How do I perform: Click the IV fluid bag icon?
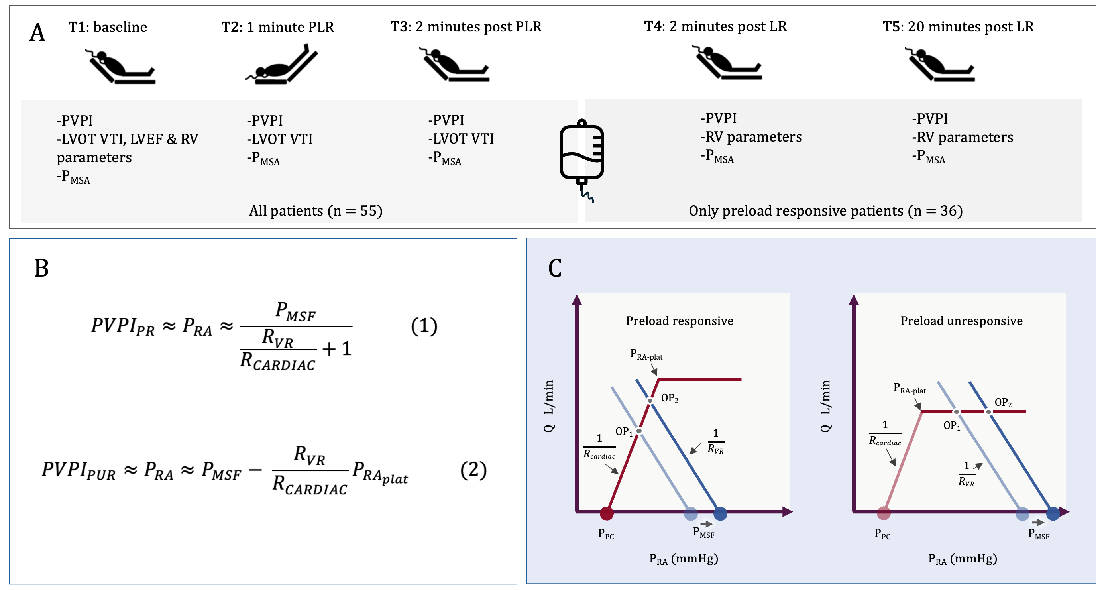click(581, 154)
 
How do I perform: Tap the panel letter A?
click(37, 33)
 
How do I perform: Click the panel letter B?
click(41, 268)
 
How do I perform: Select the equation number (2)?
click(473, 470)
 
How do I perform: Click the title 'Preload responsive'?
click(679, 321)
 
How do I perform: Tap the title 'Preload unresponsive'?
click(961, 321)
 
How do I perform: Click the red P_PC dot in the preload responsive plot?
click(607, 513)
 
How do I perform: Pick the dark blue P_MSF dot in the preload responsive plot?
click(720, 513)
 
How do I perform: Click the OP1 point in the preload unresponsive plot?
click(957, 412)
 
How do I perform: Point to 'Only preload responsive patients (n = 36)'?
click(825, 211)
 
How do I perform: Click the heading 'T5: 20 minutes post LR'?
click(958, 27)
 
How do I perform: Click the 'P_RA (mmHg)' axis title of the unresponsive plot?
click(963, 559)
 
